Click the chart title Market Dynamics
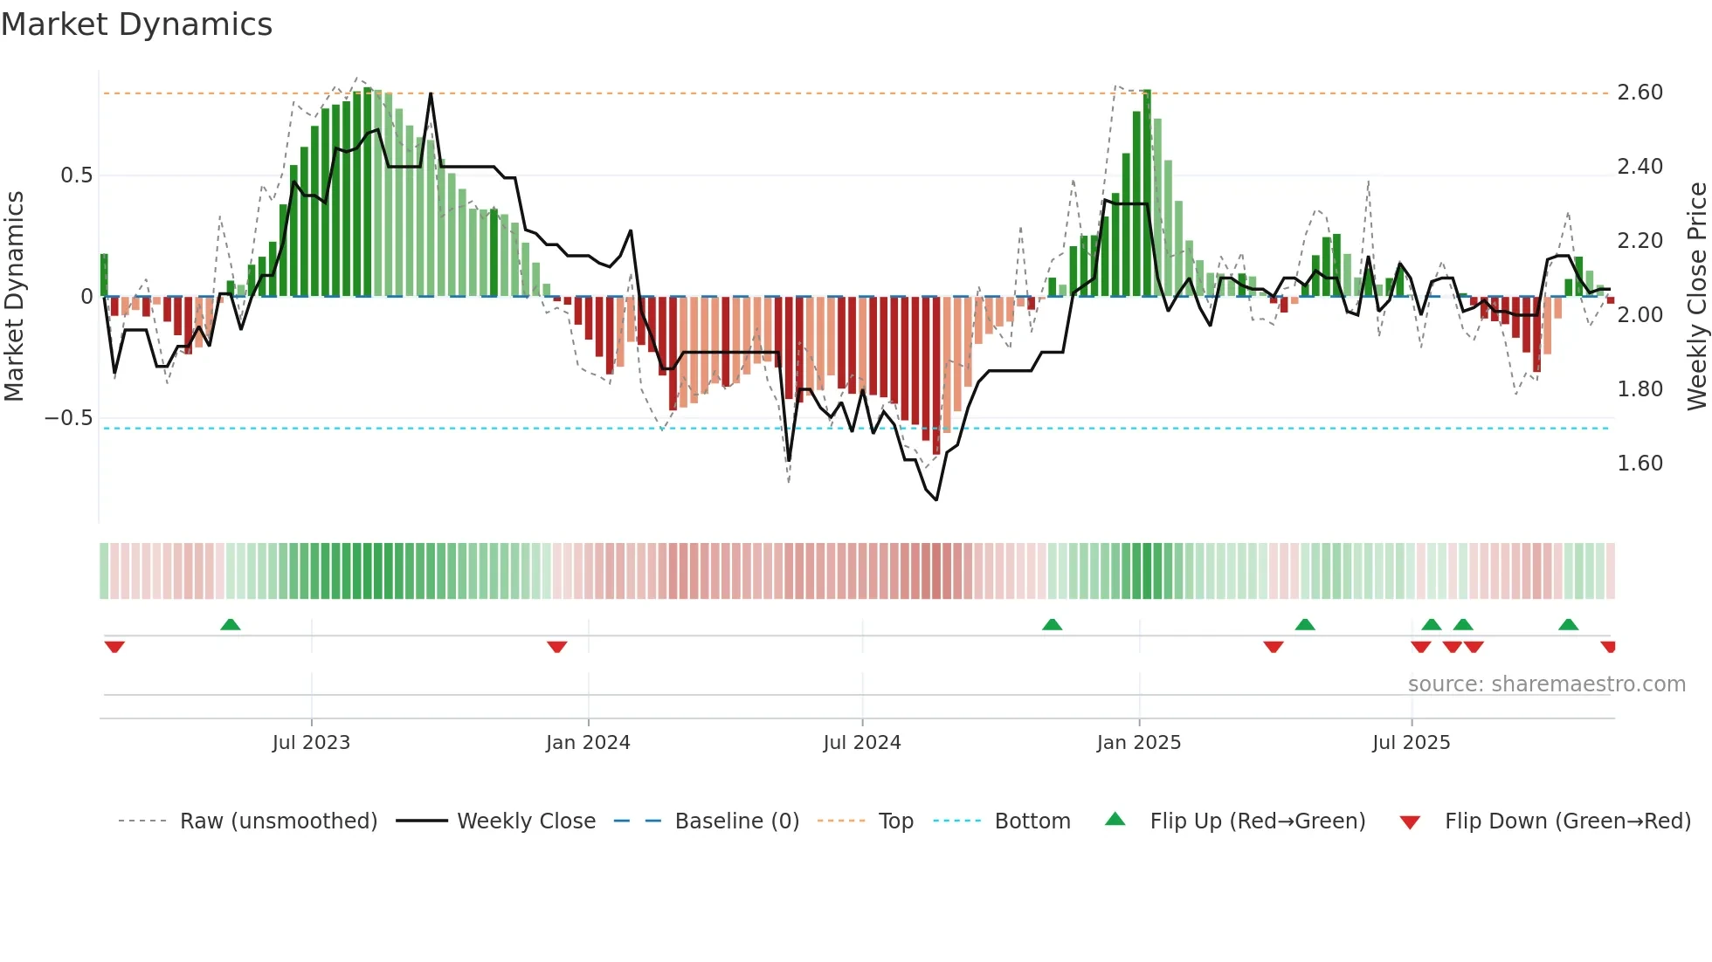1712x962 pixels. pyautogui.click(x=137, y=24)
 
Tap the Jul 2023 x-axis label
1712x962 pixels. pyautogui.click(x=311, y=743)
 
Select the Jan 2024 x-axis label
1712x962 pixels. pyautogui.click(x=588, y=743)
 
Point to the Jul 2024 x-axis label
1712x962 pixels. pyautogui.click(x=862, y=743)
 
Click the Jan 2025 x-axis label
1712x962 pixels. pyautogui.click(x=1139, y=743)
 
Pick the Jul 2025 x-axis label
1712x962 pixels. pyautogui.click(x=1412, y=743)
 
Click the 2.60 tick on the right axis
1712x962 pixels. pyautogui.click(x=1640, y=93)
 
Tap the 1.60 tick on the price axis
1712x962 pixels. pyautogui.click(x=1640, y=464)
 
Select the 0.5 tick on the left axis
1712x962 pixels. pyautogui.click(x=76, y=175)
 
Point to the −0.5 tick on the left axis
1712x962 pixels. pyautogui.click(x=69, y=418)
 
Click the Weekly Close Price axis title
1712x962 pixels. pyautogui.click(x=1696, y=296)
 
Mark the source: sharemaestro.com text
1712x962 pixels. pyautogui.click(x=1547, y=684)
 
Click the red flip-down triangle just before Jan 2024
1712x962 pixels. pyautogui.click(x=557, y=647)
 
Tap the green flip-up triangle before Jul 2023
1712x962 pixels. pyautogui.click(x=231, y=624)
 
